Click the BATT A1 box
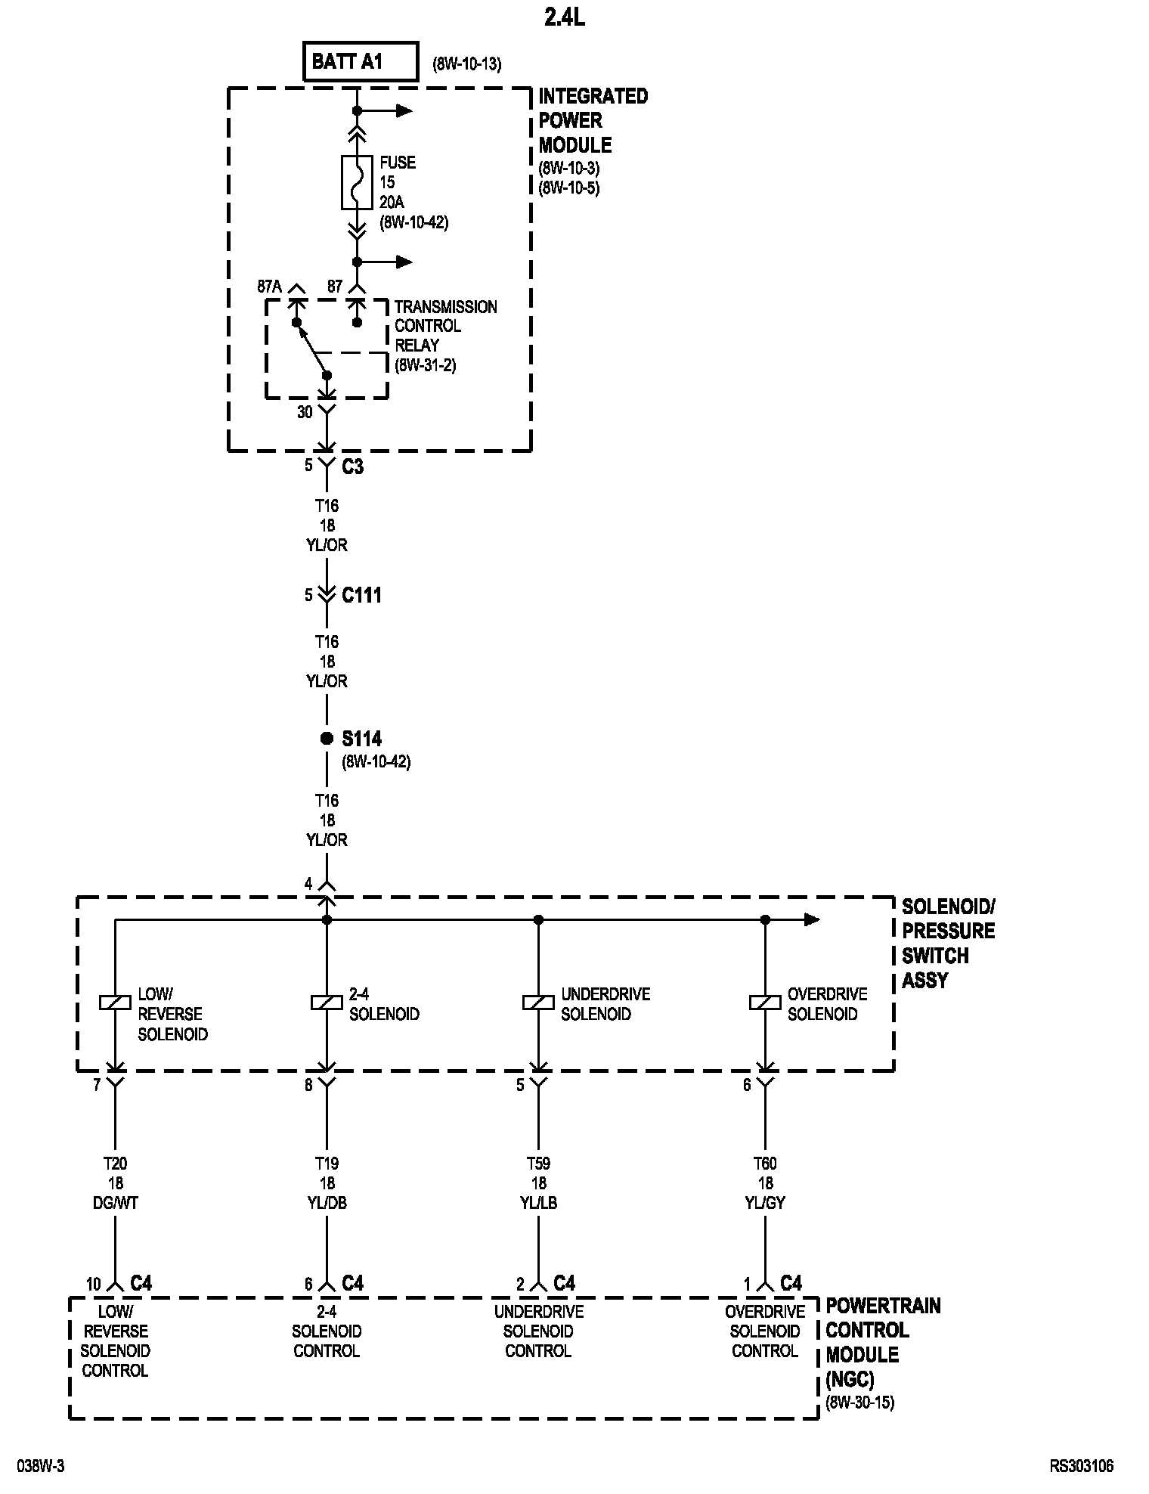tap(361, 62)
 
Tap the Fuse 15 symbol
tap(357, 182)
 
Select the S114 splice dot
tap(327, 739)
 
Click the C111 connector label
tap(361, 596)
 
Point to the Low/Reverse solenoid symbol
tap(115, 1003)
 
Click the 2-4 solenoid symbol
tap(327, 1003)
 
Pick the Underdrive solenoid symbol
tap(538, 1003)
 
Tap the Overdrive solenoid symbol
tap(765, 1003)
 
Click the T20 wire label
tap(115, 1164)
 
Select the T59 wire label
tap(538, 1164)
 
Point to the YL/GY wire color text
tap(765, 1203)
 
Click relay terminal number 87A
tap(269, 287)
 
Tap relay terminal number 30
tap(305, 413)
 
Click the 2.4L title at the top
tap(564, 17)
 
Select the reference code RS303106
tap(1081, 1467)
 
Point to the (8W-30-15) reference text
tap(860, 1403)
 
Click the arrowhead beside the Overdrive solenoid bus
tap(812, 920)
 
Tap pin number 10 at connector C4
tap(93, 1285)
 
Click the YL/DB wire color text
tap(327, 1203)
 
